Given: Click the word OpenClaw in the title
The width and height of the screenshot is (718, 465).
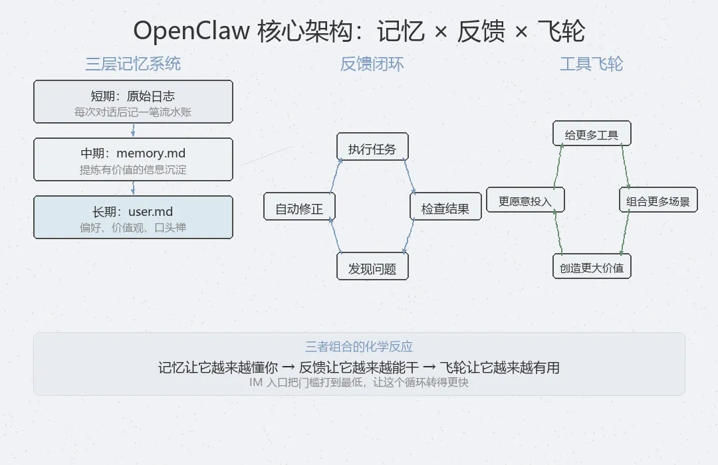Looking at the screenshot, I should tap(191, 31).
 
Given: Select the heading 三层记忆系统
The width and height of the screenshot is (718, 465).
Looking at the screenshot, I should tap(133, 64).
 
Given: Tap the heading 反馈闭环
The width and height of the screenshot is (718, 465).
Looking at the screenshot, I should tap(372, 64).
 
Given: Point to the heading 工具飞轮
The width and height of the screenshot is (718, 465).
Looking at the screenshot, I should tap(591, 64).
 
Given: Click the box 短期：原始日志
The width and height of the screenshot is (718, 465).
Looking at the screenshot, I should tap(133, 102).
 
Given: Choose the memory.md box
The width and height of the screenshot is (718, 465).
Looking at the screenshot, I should tap(133, 159).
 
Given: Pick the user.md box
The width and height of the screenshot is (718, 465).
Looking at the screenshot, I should tap(133, 217).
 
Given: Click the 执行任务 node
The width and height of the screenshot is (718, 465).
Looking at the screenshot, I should tap(372, 149).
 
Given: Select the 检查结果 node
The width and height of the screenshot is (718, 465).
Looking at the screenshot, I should tap(445, 208).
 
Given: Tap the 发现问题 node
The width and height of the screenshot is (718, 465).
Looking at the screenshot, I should tap(372, 268).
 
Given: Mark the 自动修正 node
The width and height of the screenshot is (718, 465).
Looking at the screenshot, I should tap(299, 208).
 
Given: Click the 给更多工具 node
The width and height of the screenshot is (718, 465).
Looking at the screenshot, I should tap(592, 135).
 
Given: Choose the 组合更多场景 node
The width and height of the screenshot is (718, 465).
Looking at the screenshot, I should tap(658, 201).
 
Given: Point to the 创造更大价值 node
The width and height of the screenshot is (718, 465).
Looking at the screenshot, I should tap(592, 268).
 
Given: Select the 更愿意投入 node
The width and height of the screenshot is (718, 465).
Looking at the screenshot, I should tap(525, 201).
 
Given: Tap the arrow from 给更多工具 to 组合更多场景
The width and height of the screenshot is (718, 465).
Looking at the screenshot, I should tap(626, 167).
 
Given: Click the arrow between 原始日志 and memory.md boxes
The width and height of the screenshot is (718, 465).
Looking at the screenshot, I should tap(133, 130).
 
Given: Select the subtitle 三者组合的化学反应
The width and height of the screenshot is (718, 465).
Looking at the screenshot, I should tap(359, 347).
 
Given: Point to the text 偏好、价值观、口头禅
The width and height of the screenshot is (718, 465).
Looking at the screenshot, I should tap(133, 228).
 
